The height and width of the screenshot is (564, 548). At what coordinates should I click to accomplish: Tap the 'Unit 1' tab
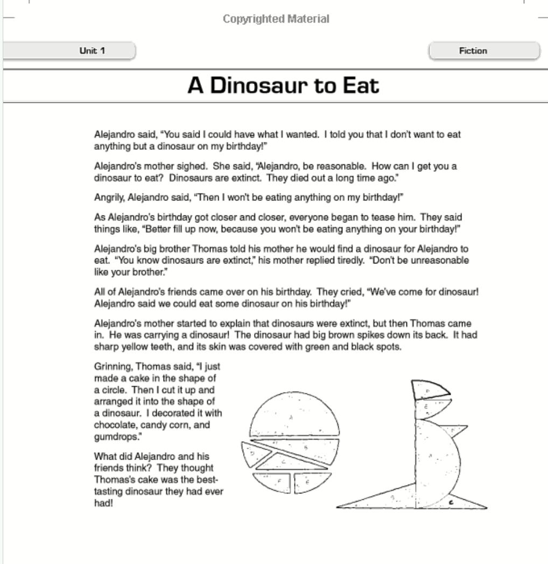point(92,51)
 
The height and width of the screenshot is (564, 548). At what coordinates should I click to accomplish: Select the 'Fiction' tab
point(473,51)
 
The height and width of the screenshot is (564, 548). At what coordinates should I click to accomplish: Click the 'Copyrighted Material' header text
point(276,19)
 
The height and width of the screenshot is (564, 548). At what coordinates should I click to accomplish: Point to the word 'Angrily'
point(109,197)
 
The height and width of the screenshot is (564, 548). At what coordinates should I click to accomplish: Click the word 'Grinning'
point(111,366)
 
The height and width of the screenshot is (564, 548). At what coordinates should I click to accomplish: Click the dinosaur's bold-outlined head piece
point(428,389)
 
